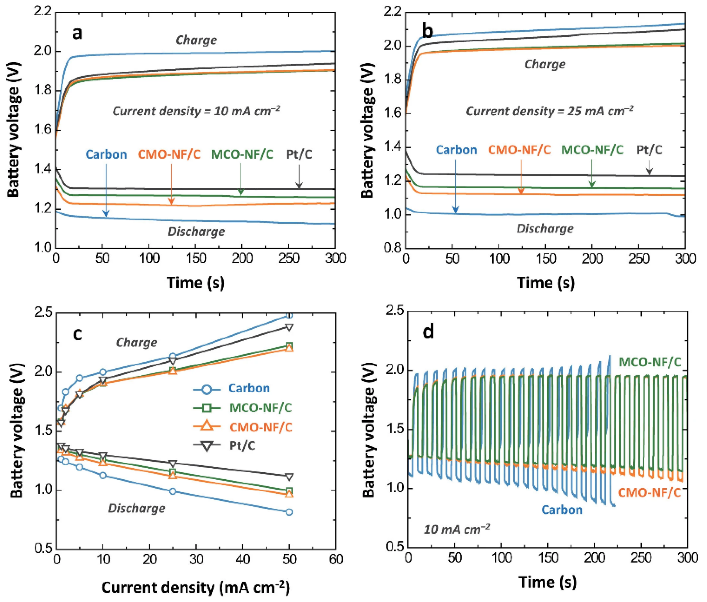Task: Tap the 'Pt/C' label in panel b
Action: coord(649,150)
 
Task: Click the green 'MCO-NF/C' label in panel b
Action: coord(592,150)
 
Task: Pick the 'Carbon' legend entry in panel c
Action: coord(249,388)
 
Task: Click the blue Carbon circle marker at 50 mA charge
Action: coord(289,315)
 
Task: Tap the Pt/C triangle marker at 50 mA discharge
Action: coord(289,477)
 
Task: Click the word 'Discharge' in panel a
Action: coord(196,232)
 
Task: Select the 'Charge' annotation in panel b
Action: coord(545,64)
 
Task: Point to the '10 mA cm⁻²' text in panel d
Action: coord(457,529)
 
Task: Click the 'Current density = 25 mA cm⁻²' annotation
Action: coord(550,111)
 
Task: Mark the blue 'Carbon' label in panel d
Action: coord(562,509)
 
